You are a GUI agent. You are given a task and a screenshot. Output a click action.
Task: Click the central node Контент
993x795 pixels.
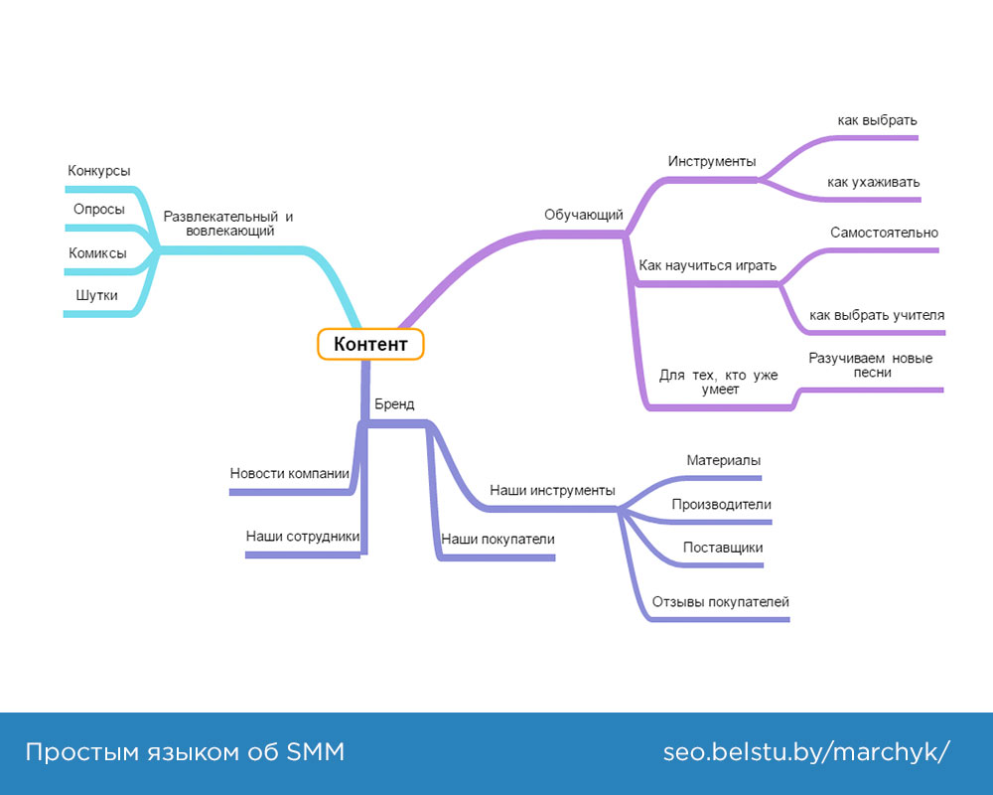click(x=370, y=344)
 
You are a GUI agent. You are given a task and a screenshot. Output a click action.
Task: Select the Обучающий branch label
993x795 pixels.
click(x=583, y=215)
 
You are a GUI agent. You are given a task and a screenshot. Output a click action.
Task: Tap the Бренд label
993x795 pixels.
click(x=394, y=404)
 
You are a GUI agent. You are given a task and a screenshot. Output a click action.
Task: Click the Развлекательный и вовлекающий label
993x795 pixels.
click(x=228, y=224)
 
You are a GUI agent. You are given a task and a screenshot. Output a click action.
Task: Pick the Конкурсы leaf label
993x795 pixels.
click(x=99, y=171)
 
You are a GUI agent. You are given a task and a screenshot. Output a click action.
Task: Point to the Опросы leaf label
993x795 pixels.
click(x=99, y=209)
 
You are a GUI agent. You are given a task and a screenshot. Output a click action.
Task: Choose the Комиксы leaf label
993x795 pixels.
click(x=97, y=253)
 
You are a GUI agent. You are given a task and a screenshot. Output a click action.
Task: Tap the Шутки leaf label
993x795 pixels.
click(x=96, y=295)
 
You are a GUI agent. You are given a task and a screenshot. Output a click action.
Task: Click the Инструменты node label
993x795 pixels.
click(x=712, y=161)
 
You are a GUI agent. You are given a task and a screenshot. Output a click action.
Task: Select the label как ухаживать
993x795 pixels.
click(x=874, y=182)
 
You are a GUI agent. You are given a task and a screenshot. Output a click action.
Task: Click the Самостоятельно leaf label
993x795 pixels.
click(x=884, y=233)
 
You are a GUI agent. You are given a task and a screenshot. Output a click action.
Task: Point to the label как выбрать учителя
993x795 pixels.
click(x=877, y=315)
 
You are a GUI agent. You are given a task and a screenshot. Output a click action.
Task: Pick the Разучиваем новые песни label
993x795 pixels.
click(x=871, y=365)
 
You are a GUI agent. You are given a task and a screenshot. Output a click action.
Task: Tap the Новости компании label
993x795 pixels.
click(x=290, y=473)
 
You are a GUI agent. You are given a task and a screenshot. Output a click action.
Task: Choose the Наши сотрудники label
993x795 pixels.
click(x=303, y=537)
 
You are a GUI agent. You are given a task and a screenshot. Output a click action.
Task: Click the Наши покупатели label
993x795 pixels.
click(x=497, y=539)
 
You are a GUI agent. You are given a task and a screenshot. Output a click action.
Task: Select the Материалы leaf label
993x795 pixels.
click(x=724, y=460)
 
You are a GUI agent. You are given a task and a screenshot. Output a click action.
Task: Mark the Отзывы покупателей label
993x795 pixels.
click(x=721, y=602)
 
